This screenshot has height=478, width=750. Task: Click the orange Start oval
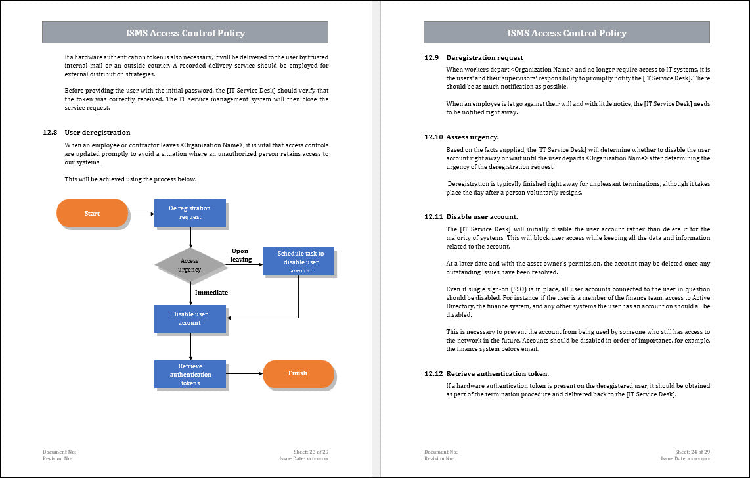(92, 213)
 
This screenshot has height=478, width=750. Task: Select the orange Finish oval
(298, 373)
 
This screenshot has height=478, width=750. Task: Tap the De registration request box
(190, 212)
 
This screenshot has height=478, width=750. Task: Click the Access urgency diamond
(190, 265)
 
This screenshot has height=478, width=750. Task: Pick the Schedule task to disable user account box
(298, 261)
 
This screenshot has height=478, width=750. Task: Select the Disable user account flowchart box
(190, 318)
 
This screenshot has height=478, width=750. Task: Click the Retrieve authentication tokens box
(190, 374)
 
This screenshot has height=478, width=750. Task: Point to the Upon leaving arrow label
(240, 255)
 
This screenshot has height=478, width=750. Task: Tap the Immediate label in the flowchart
(211, 292)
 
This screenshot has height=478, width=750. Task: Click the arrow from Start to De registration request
(141, 213)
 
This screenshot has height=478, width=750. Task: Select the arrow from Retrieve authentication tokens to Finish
(244, 373)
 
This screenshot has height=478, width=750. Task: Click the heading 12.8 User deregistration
(87, 133)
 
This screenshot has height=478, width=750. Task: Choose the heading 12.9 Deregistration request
(474, 57)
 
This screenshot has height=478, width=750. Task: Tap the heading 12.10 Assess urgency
(462, 137)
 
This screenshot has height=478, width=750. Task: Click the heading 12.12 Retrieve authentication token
(487, 373)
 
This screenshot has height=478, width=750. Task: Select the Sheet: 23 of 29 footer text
(310, 452)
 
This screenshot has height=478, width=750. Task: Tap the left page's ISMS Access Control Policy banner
(185, 33)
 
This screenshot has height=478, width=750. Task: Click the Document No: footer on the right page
(441, 452)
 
